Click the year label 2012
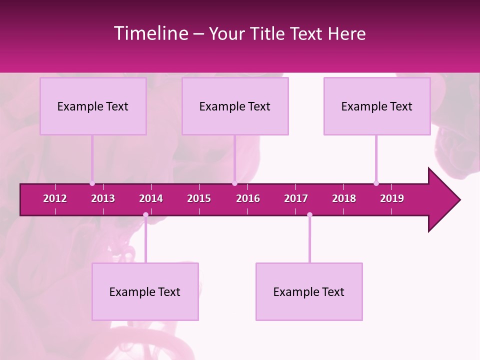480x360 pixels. click(55, 198)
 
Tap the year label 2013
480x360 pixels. click(103, 198)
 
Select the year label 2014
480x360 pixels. click(151, 198)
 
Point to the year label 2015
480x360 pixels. click(199, 198)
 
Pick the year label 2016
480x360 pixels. click(248, 198)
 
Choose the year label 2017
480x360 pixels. click(296, 198)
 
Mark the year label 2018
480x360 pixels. click(344, 198)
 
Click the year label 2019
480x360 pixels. click(392, 198)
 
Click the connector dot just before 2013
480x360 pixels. click(92, 183)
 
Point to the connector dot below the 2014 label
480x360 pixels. click(145, 215)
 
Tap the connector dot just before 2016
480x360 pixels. click(234, 183)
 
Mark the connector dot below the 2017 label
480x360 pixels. click(309, 215)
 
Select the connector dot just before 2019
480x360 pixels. click(376, 183)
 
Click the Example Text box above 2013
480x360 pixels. click(93, 106)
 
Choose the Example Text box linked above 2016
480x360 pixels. click(235, 106)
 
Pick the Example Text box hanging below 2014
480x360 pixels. click(145, 292)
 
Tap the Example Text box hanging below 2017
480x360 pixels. click(309, 292)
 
